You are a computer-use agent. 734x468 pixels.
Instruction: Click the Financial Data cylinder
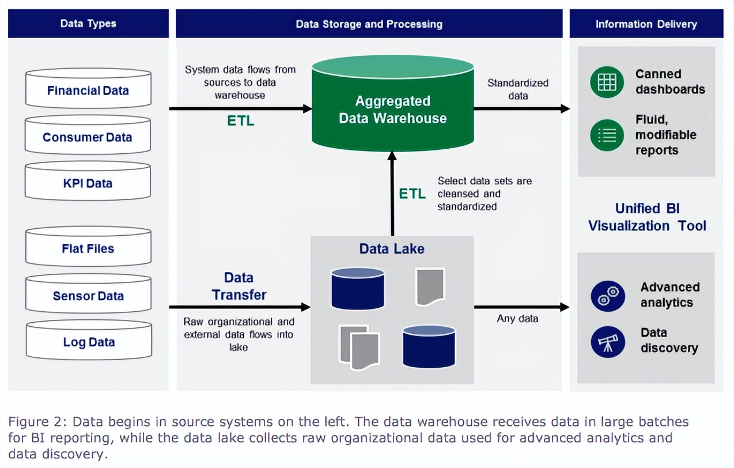point(88,89)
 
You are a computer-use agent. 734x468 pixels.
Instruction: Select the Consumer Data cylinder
point(88,136)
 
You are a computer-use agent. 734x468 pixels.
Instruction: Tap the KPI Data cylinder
point(88,182)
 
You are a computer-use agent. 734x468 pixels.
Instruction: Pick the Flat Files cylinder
point(88,247)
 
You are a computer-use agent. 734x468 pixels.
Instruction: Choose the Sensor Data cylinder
point(88,295)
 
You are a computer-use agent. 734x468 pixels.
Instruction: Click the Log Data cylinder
point(88,341)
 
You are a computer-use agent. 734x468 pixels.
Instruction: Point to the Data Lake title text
point(392,249)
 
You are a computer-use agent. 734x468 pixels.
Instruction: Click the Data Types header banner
point(88,24)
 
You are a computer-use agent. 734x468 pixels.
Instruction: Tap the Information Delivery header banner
point(646,24)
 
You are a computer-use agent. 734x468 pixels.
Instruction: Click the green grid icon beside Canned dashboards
point(607,82)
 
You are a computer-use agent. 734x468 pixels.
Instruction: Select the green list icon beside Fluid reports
point(607,135)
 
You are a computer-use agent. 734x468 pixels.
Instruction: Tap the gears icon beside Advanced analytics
point(608,296)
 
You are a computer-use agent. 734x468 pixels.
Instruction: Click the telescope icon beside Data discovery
point(608,342)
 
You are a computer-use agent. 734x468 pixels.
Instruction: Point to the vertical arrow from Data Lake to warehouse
point(392,193)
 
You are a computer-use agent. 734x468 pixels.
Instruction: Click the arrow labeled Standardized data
point(521,108)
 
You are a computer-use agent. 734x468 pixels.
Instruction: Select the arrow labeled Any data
point(521,307)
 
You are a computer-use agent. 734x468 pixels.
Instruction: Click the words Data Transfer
point(239,286)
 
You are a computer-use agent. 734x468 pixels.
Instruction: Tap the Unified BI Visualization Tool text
point(646,217)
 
